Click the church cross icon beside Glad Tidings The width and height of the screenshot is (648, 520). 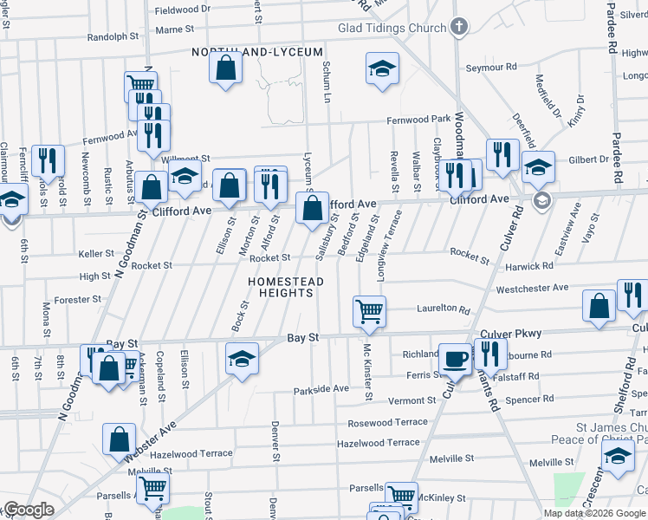pos(458,27)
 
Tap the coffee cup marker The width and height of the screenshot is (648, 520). pos(454,358)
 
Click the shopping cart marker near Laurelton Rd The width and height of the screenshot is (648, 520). pos(369,310)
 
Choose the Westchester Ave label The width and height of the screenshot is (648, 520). pos(532,288)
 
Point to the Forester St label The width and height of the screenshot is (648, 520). pos(77,300)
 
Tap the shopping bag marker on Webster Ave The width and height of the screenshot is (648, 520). pos(119,439)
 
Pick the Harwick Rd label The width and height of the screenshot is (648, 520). pos(529,266)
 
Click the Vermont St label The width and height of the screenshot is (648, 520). pos(411,400)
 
